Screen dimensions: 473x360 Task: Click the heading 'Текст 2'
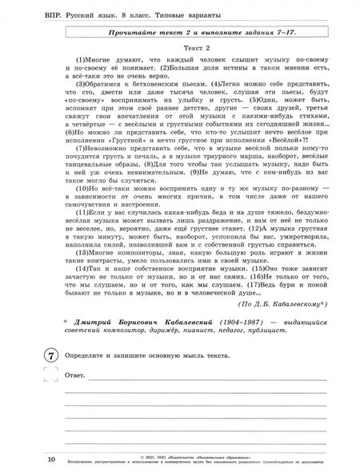[x=190, y=46]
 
